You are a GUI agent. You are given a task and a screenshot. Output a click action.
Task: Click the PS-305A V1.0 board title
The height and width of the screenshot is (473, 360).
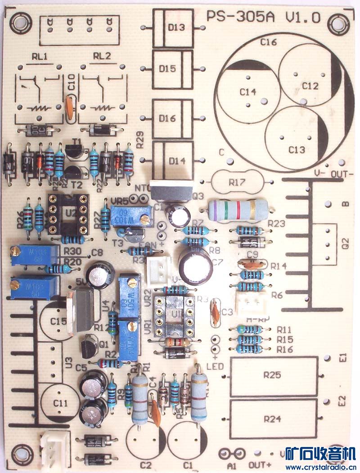click(x=263, y=17)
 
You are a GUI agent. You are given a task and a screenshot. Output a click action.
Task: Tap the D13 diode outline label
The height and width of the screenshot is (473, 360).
click(x=177, y=27)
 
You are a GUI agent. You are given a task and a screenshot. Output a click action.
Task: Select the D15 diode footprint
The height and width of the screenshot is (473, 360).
click(x=173, y=69)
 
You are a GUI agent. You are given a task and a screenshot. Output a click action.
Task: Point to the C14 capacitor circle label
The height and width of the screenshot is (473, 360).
click(x=247, y=92)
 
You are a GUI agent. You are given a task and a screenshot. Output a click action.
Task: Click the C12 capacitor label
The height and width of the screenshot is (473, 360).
click(x=310, y=86)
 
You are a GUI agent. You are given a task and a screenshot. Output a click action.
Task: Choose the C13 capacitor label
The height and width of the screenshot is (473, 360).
click(x=297, y=149)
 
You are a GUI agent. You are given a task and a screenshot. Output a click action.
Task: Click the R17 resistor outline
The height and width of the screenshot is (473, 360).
click(x=237, y=182)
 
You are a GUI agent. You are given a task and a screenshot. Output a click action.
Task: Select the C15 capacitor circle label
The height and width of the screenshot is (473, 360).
click(x=59, y=320)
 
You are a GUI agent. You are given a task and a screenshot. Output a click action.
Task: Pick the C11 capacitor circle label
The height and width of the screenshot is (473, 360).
click(x=59, y=402)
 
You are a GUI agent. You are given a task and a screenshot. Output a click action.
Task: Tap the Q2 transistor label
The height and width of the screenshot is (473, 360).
click(x=346, y=243)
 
